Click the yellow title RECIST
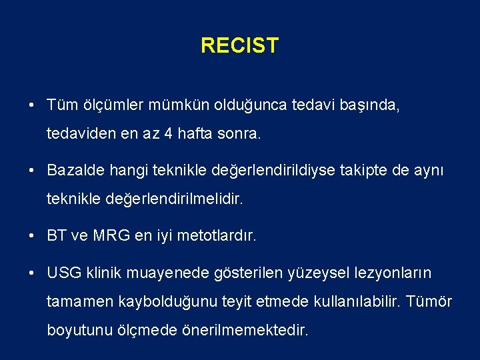point(239,46)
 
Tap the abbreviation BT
point(57,235)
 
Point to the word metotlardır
point(215,235)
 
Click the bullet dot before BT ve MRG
point(32,235)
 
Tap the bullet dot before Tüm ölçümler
point(32,105)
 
